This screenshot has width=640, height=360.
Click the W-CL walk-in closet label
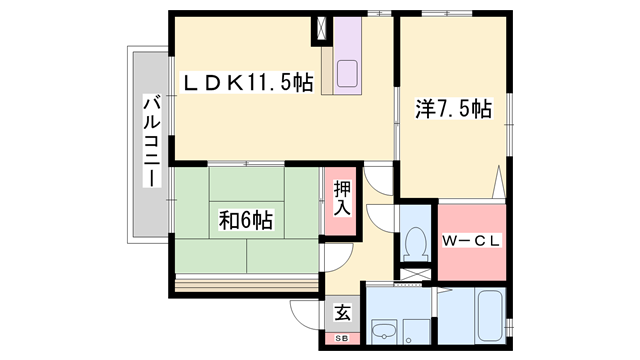click(471, 240)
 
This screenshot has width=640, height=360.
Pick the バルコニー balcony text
click(150, 140)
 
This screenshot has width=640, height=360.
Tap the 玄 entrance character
click(342, 313)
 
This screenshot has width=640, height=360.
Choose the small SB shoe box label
click(342, 339)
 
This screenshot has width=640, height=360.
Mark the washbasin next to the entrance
click(382, 331)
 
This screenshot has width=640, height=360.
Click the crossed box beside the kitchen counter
click(321, 30)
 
